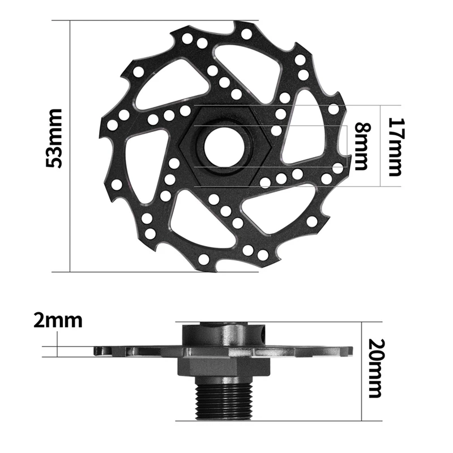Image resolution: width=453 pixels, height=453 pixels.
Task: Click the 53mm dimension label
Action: click(x=55, y=138)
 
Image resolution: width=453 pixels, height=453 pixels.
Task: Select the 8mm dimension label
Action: click(x=360, y=146)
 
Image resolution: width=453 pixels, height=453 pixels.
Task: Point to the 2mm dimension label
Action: click(x=58, y=320)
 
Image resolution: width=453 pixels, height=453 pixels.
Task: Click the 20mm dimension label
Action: click(x=375, y=368)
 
